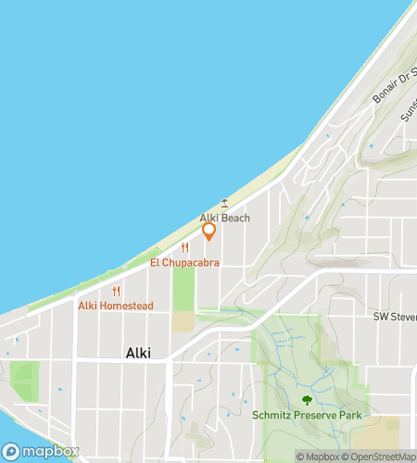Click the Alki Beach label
[x=225, y=219]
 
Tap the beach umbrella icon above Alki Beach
[x=224, y=203]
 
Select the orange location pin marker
[x=208, y=231]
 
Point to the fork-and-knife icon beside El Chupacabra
[x=185, y=247]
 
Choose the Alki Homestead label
[x=115, y=306]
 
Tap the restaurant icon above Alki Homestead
[x=116, y=291]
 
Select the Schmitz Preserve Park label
[x=307, y=416]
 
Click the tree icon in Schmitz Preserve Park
[x=307, y=400]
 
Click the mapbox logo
[x=40, y=451]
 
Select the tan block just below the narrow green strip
[x=183, y=321]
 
